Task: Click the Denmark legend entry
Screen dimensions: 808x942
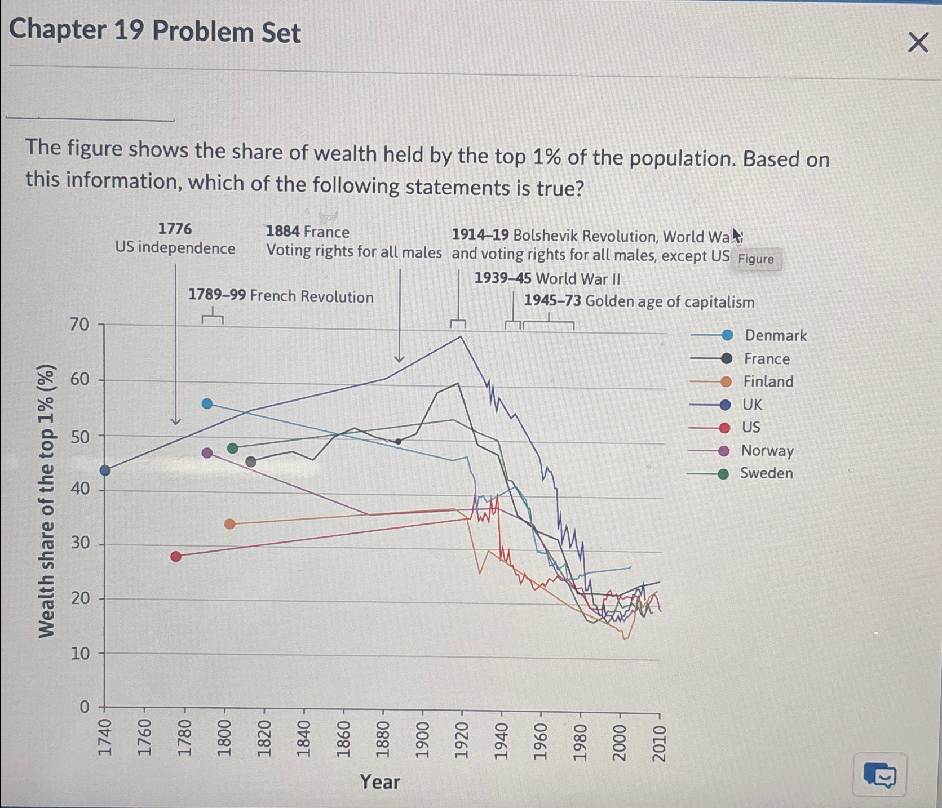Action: (775, 335)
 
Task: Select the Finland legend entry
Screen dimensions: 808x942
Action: (768, 381)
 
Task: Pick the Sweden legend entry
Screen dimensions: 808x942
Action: (766, 473)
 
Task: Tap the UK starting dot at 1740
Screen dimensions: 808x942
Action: (105, 470)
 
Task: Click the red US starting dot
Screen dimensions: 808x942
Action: (176, 556)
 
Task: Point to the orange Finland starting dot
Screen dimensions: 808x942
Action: (229, 523)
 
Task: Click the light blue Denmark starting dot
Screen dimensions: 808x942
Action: (207, 403)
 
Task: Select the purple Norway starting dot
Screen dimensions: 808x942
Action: (207, 452)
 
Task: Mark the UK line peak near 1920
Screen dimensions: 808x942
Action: (461, 336)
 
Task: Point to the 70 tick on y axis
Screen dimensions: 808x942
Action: (79, 324)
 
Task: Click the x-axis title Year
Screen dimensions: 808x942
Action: (380, 782)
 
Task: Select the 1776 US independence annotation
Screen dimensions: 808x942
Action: (175, 238)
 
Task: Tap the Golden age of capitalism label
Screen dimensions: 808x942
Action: (639, 301)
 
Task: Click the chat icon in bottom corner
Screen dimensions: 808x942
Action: (879, 775)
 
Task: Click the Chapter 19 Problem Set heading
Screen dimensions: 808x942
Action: (155, 30)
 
